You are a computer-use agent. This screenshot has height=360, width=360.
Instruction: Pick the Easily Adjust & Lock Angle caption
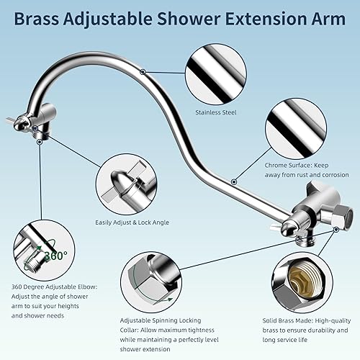point(132,223)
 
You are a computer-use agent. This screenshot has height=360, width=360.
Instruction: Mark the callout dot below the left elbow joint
point(39,141)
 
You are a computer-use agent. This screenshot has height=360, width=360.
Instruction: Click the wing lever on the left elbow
point(14,121)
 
